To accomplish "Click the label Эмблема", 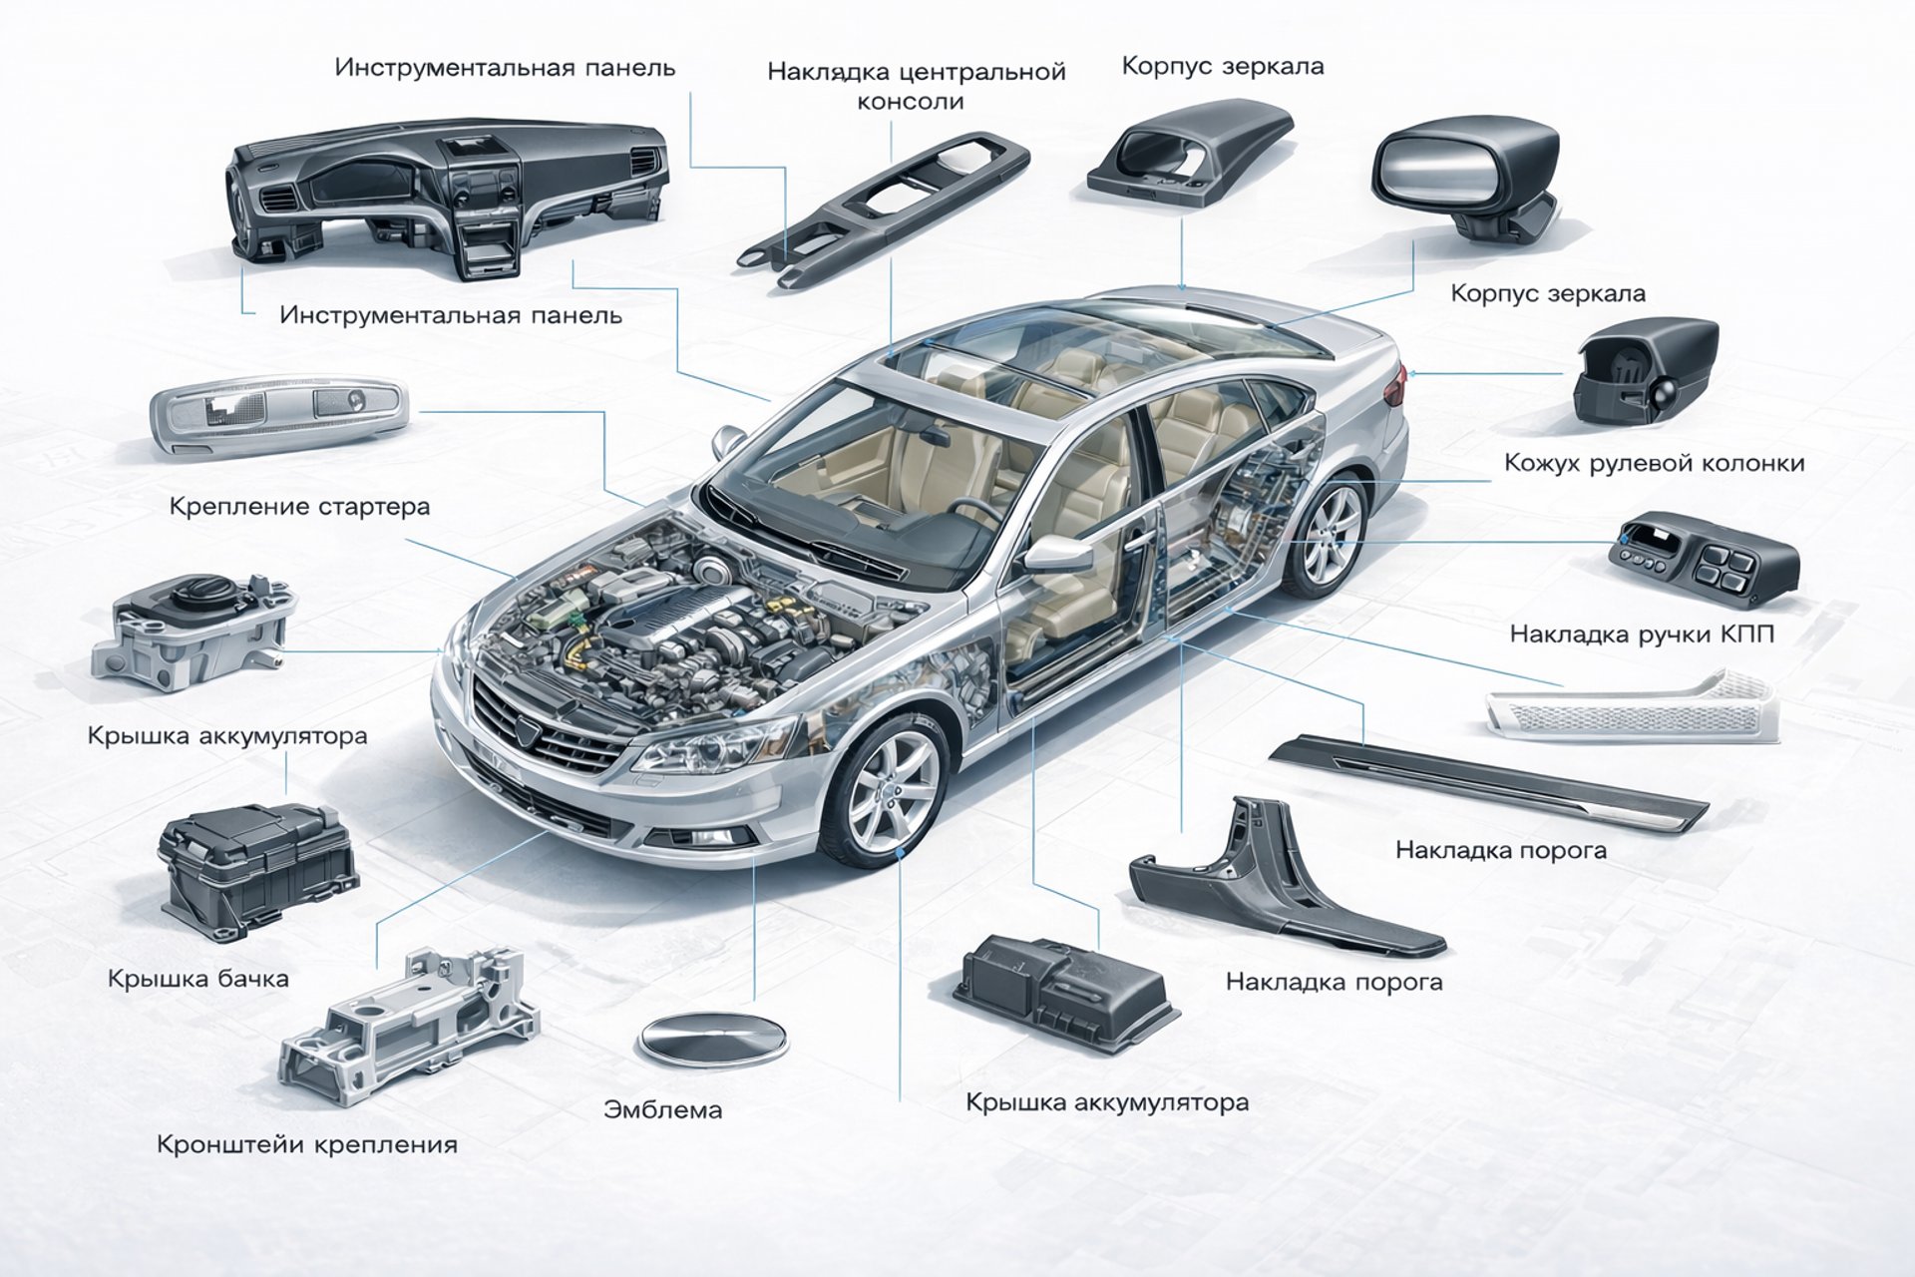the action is point(662,1109).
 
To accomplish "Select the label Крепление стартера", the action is point(299,506).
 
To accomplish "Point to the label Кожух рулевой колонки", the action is point(1654,463).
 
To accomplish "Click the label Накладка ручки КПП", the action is point(1642,634).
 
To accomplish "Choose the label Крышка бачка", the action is point(198,978).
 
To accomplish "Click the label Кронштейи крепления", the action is point(307,1143).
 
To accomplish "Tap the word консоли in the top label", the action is point(910,102).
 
